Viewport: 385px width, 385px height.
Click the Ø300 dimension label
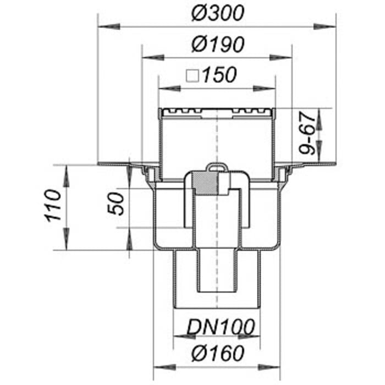[x=217, y=13]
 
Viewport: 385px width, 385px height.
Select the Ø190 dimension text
[x=218, y=44]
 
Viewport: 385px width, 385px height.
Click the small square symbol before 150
[x=192, y=75]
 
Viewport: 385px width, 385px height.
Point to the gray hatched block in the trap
[x=205, y=184]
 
